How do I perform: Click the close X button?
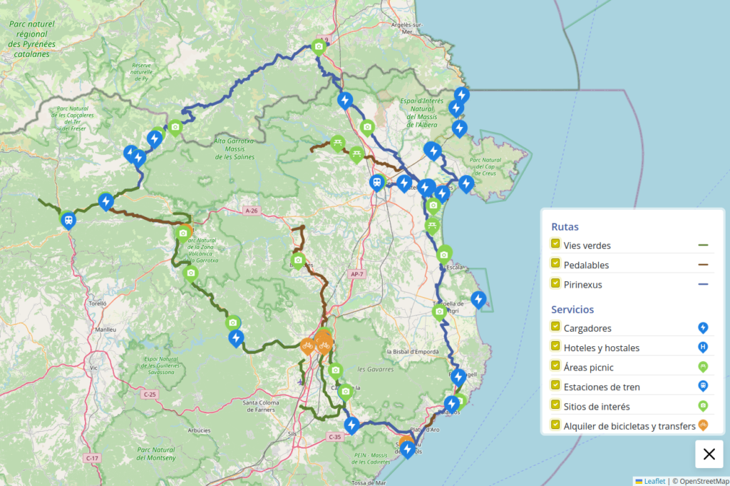point(709,454)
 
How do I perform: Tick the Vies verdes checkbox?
point(555,244)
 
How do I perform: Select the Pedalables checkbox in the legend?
point(555,263)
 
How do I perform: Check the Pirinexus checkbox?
point(555,283)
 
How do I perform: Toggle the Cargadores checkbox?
point(555,327)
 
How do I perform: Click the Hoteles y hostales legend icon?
point(703,348)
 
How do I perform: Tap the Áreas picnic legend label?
point(588,368)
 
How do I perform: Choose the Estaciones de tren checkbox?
point(555,386)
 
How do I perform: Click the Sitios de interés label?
point(596,407)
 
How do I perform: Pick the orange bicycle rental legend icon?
point(703,426)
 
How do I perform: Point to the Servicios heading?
point(572,310)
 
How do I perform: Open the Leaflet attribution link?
point(654,481)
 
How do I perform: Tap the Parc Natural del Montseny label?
point(155,454)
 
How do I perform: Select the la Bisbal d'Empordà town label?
point(411,352)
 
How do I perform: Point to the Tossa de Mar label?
point(369,482)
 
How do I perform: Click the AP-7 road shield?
point(357,274)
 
